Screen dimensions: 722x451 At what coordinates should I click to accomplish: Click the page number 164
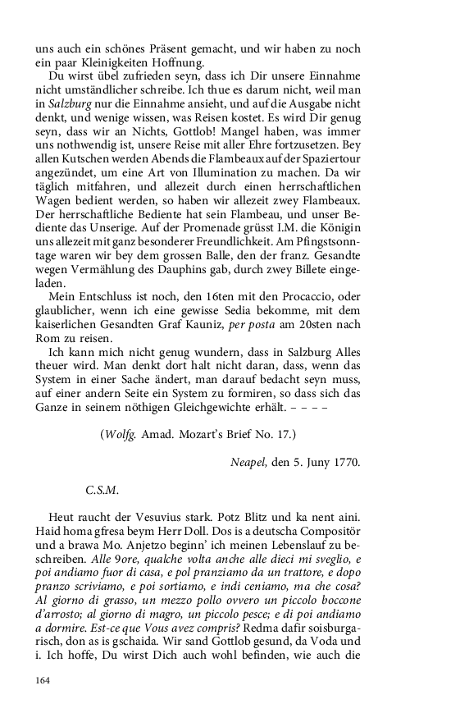click(x=43, y=679)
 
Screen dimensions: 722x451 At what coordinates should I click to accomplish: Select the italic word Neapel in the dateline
click(x=252, y=462)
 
